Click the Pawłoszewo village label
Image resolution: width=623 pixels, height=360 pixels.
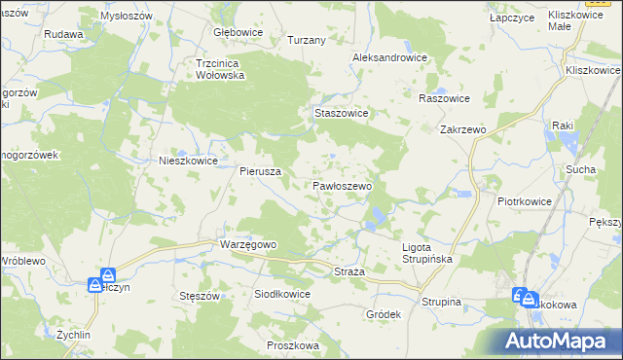click(x=342, y=185)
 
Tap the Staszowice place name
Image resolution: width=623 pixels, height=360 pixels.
click(x=341, y=113)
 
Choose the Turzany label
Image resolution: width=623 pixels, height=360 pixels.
click(x=305, y=41)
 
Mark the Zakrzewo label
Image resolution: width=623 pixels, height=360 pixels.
click(x=462, y=128)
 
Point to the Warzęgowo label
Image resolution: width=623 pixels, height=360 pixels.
click(x=250, y=244)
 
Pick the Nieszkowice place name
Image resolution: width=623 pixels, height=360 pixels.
click(x=188, y=162)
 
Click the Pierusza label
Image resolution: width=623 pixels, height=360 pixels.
click(x=261, y=170)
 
